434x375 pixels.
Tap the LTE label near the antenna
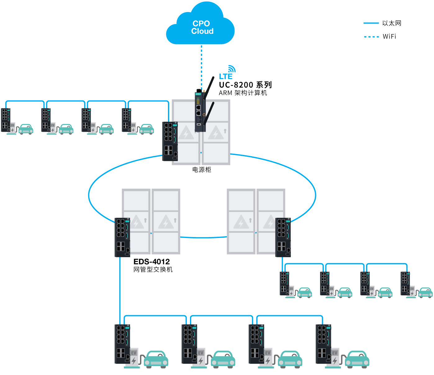225,77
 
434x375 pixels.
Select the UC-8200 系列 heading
245,85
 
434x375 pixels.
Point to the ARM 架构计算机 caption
243,93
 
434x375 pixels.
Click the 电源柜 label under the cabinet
201,170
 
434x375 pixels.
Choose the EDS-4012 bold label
151,262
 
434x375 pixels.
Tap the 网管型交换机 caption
153,269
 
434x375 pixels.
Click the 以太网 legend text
391,23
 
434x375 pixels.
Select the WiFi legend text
389,37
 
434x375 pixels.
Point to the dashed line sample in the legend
371,37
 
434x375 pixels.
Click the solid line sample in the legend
371,23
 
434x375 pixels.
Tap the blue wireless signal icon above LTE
232,69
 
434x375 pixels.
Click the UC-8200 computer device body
200,111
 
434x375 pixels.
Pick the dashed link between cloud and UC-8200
201,67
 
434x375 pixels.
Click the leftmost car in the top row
26,129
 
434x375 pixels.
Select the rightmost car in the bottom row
357,360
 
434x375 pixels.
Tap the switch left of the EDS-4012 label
122,237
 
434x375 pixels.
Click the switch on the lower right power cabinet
283,237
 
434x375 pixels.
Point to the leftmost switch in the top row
6,120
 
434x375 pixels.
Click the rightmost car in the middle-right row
425,293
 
